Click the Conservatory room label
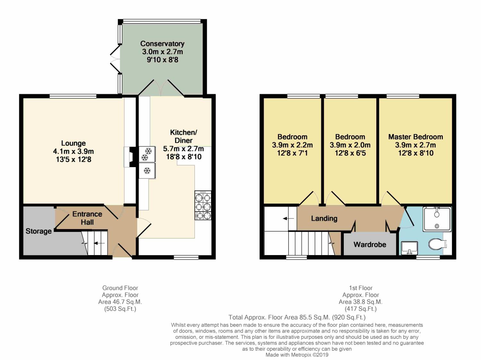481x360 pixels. point(162,44)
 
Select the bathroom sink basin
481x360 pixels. point(409,248)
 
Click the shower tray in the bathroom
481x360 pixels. point(437,219)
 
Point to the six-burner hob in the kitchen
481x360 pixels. point(203,205)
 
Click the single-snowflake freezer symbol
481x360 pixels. point(147,170)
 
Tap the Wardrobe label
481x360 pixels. point(370,244)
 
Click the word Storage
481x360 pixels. point(38,231)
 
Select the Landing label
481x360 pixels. point(324,219)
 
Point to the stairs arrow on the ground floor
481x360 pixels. point(99,243)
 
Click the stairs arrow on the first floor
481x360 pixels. point(288,219)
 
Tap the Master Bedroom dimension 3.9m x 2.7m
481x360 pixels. point(416,145)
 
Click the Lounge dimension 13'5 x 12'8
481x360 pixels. point(74,159)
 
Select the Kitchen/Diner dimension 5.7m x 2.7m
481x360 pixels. point(183,149)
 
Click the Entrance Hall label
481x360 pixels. point(87,218)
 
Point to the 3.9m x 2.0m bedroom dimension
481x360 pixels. point(350,145)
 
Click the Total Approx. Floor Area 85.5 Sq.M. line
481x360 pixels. point(297,317)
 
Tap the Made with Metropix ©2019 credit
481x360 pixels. point(297,355)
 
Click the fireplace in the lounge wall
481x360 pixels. point(131,157)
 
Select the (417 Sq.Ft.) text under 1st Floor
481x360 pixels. point(361,309)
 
